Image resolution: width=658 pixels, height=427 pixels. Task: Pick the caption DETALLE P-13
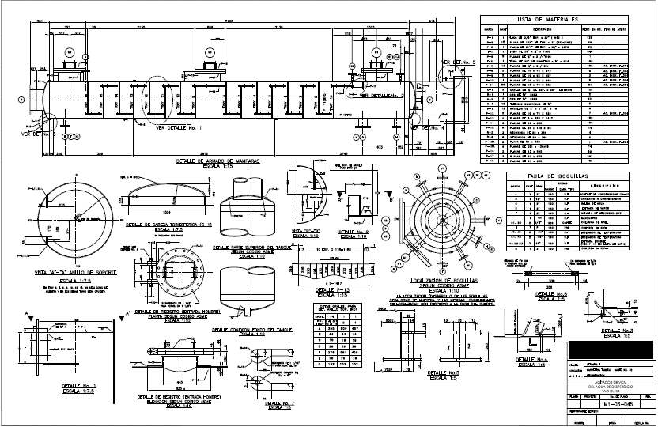pyautogui.click(x=321, y=290)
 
